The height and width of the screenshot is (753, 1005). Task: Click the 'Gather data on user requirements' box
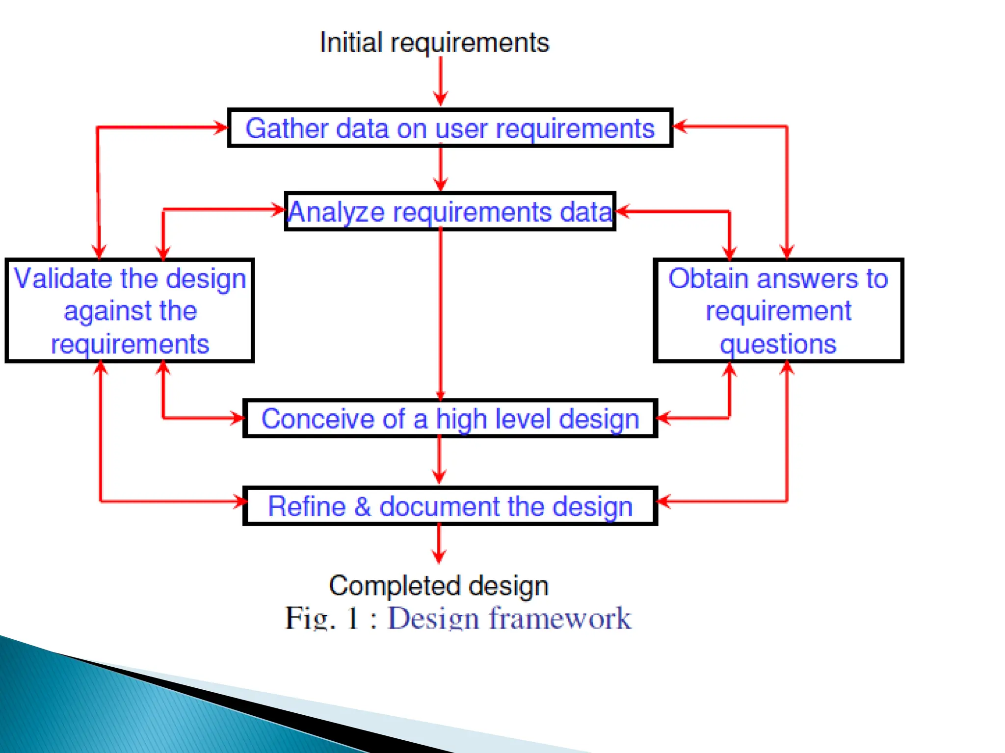[450, 128]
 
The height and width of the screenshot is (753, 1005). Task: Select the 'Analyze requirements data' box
[450, 212]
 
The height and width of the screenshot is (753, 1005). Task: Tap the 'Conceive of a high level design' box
[450, 419]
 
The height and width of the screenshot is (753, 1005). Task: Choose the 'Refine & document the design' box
[450, 506]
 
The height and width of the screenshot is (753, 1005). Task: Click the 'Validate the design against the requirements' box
[130, 311]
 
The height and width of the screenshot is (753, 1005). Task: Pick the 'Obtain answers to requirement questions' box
[778, 311]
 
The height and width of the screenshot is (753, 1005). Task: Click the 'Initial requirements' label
[434, 42]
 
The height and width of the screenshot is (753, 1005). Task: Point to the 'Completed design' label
[439, 585]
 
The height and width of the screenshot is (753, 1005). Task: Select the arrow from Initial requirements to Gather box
[441, 81]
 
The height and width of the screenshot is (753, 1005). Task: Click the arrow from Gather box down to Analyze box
[441, 169]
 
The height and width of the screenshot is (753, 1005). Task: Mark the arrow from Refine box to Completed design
[439, 543]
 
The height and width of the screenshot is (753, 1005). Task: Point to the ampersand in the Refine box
[363, 506]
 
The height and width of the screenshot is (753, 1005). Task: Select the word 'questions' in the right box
[778, 344]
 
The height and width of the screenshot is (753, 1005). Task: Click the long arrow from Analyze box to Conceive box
[441, 314]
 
